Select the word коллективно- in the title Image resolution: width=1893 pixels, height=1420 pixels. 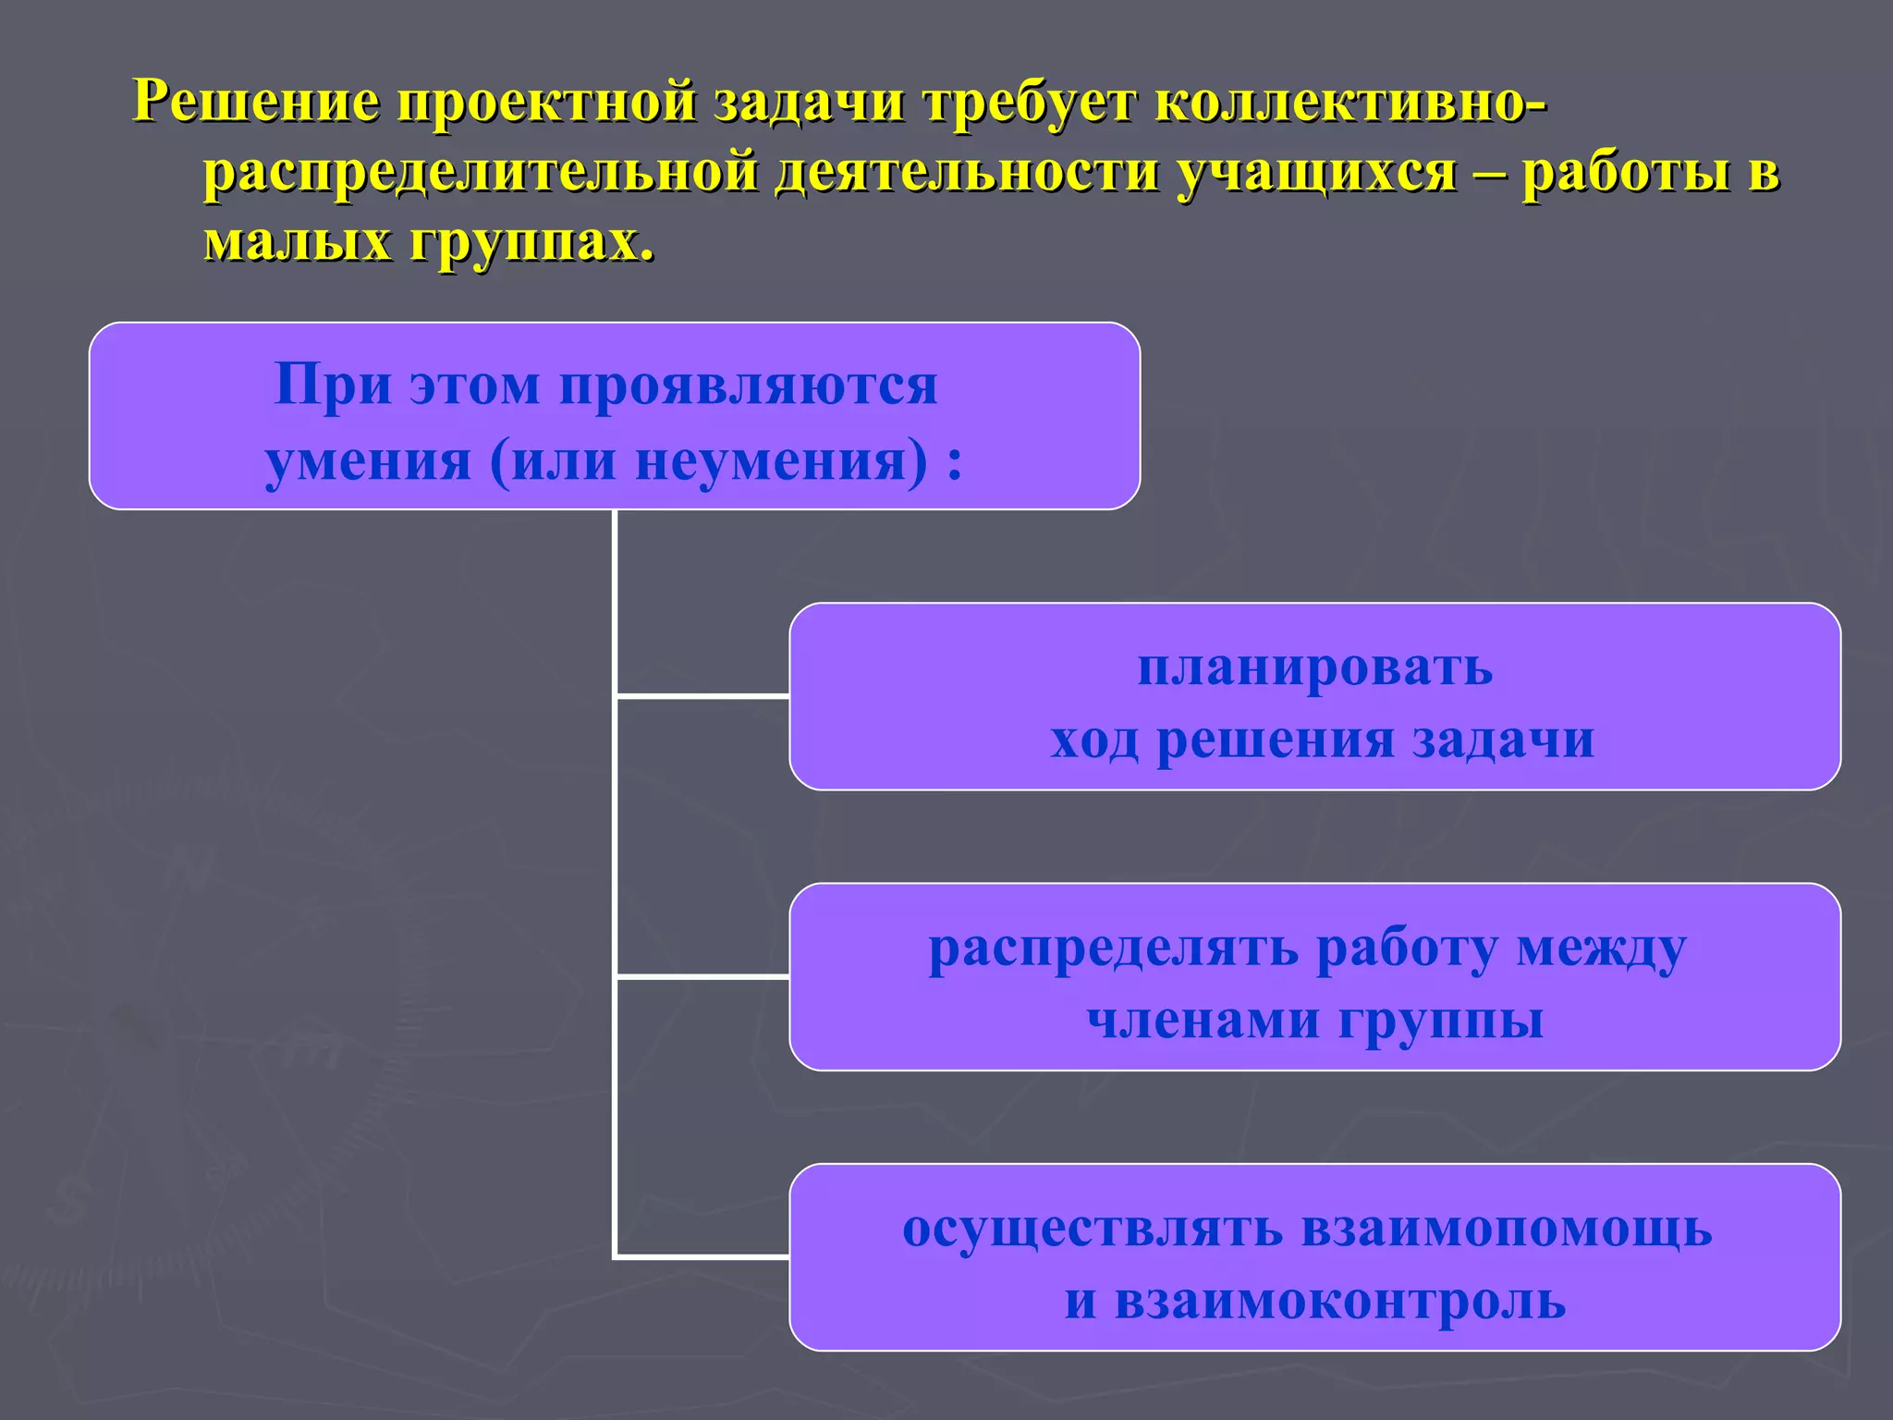click(1350, 101)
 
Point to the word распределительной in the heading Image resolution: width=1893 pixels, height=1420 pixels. click(481, 172)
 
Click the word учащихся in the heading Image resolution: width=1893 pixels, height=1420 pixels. click(1317, 174)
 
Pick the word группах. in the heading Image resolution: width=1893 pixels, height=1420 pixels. click(531, 242)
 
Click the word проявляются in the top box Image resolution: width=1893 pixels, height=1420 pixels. click(749, 386)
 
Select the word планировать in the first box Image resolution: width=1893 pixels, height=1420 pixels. click(1314, 667)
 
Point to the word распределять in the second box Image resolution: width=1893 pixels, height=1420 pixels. click(1113, 949)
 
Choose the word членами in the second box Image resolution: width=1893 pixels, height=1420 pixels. click(1203, 1021)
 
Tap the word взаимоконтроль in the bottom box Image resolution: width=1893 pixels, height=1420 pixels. click(1339, 1301)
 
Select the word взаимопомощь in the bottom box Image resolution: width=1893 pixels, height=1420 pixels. click(1507, 1230)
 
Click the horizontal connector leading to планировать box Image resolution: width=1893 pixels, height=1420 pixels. click(702, 695)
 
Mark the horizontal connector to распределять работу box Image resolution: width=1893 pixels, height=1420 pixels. click(702, 975)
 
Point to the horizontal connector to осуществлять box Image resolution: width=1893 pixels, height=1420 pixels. click(702, 1256)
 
